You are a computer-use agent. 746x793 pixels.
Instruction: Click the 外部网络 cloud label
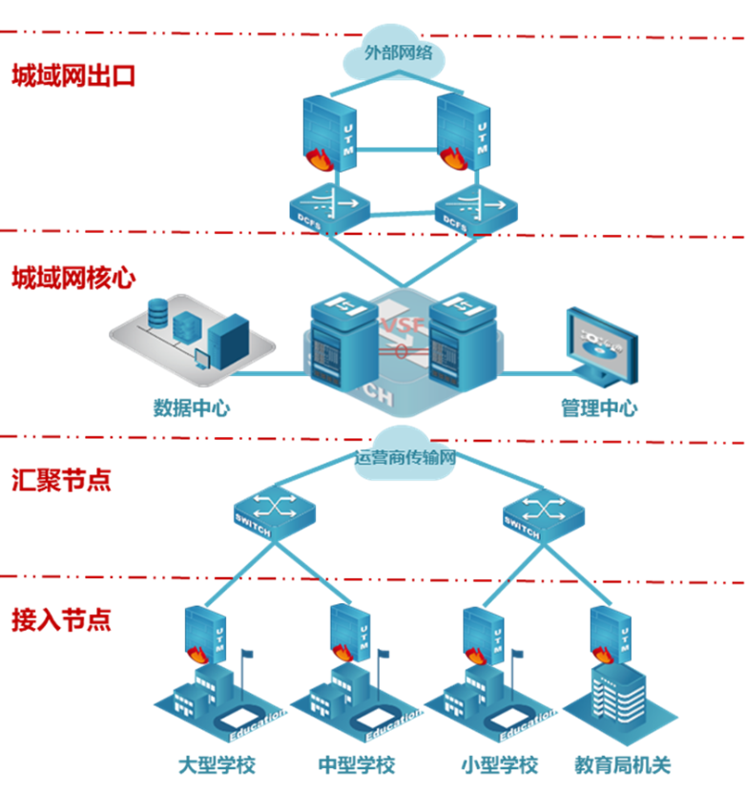click(x=398, y=52)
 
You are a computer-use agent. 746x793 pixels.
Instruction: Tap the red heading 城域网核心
click(x=73, y=278)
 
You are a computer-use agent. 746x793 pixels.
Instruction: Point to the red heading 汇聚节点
click(x=61, y=479)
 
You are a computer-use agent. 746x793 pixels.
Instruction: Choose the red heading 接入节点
click(x=61, y=619)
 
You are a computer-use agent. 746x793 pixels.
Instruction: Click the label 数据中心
click(x=192, y=408)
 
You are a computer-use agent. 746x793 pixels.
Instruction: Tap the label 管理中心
click(x=599, y=408)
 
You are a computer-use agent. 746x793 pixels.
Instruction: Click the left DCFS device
click(x=327, y=209)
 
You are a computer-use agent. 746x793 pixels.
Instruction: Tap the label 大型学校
click(x=218, y=765)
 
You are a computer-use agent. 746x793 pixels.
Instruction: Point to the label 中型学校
click(x=356, y=765)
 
